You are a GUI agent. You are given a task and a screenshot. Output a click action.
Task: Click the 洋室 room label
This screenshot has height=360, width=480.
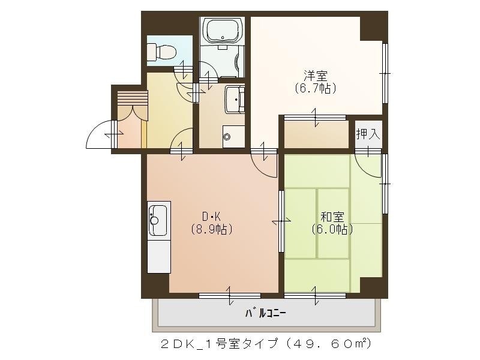click(315, 76)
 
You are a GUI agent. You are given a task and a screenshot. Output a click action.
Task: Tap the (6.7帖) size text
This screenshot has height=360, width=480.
click(315, 88)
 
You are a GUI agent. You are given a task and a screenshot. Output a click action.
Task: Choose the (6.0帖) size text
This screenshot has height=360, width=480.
click(331, 229)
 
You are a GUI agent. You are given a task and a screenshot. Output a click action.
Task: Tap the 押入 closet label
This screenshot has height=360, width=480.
click(368, 134)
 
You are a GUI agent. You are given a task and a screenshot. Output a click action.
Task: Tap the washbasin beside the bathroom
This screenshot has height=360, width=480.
click(235, 98)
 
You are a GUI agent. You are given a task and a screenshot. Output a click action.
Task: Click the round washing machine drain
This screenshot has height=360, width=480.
click(227, 136)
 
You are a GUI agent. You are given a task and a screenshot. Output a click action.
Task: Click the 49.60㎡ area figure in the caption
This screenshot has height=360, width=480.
click(337, 344)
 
